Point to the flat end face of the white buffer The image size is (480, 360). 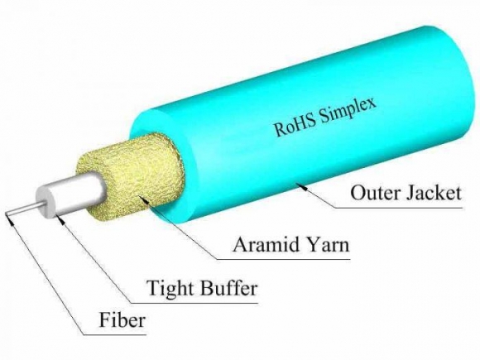(x=46, y=206)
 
